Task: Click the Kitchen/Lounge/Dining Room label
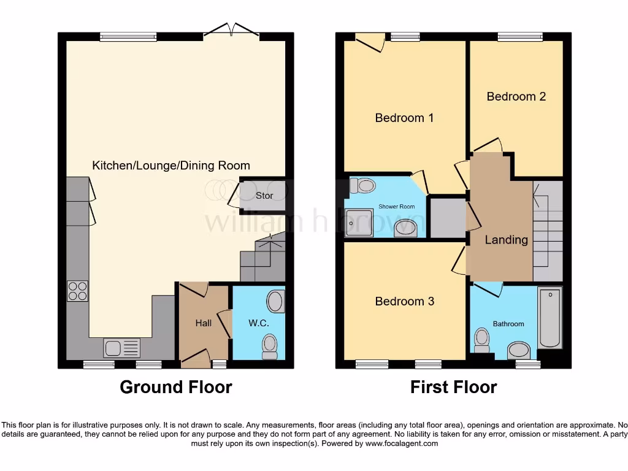click(171, 166)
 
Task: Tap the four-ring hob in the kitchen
click(77, 291)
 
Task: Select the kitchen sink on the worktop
click(121, 348)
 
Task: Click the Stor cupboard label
click(264, 196)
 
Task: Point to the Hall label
click(204, 323)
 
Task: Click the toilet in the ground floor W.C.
click(270, 346)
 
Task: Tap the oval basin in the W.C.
click(275, 301)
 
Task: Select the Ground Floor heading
click(176, 387)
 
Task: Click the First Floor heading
click(453, 387)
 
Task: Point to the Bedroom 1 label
click(404, 118)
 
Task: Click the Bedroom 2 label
click(516, 96)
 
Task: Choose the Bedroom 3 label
click(404, 301)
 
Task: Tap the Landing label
click(506, 240)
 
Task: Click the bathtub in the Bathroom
click(549, 318)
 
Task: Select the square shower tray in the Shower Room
click(359, 222)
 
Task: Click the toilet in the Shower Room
click(364, 185)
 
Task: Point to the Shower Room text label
click(396, 207)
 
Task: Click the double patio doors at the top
click(231, 32)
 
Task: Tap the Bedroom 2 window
click(519, 37)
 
